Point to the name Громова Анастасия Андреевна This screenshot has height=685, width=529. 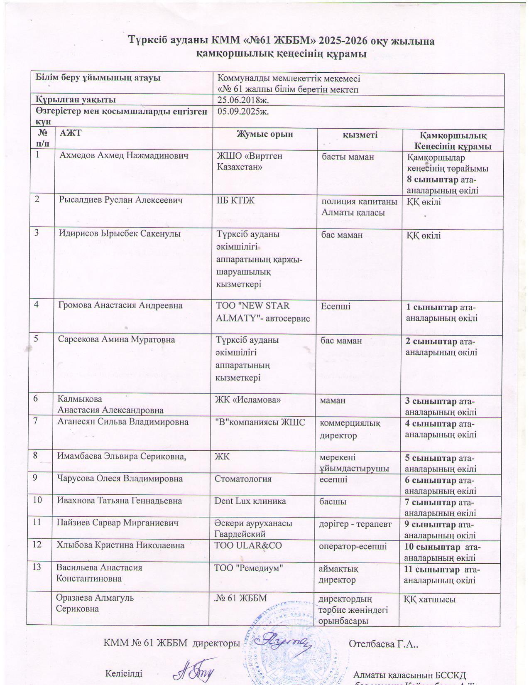coord(120,305)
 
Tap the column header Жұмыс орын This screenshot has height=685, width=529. coord(264,134)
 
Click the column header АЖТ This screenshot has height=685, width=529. coord(71,133)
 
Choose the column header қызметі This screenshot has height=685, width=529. coord(360,135)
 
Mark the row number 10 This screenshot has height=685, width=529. coord(38,500)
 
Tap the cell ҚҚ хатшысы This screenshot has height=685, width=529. coord(430,599)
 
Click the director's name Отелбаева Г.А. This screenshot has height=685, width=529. coord(383,644)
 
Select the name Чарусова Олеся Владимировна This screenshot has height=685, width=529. coord(120,479)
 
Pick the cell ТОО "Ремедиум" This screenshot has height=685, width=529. coord(248,568)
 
